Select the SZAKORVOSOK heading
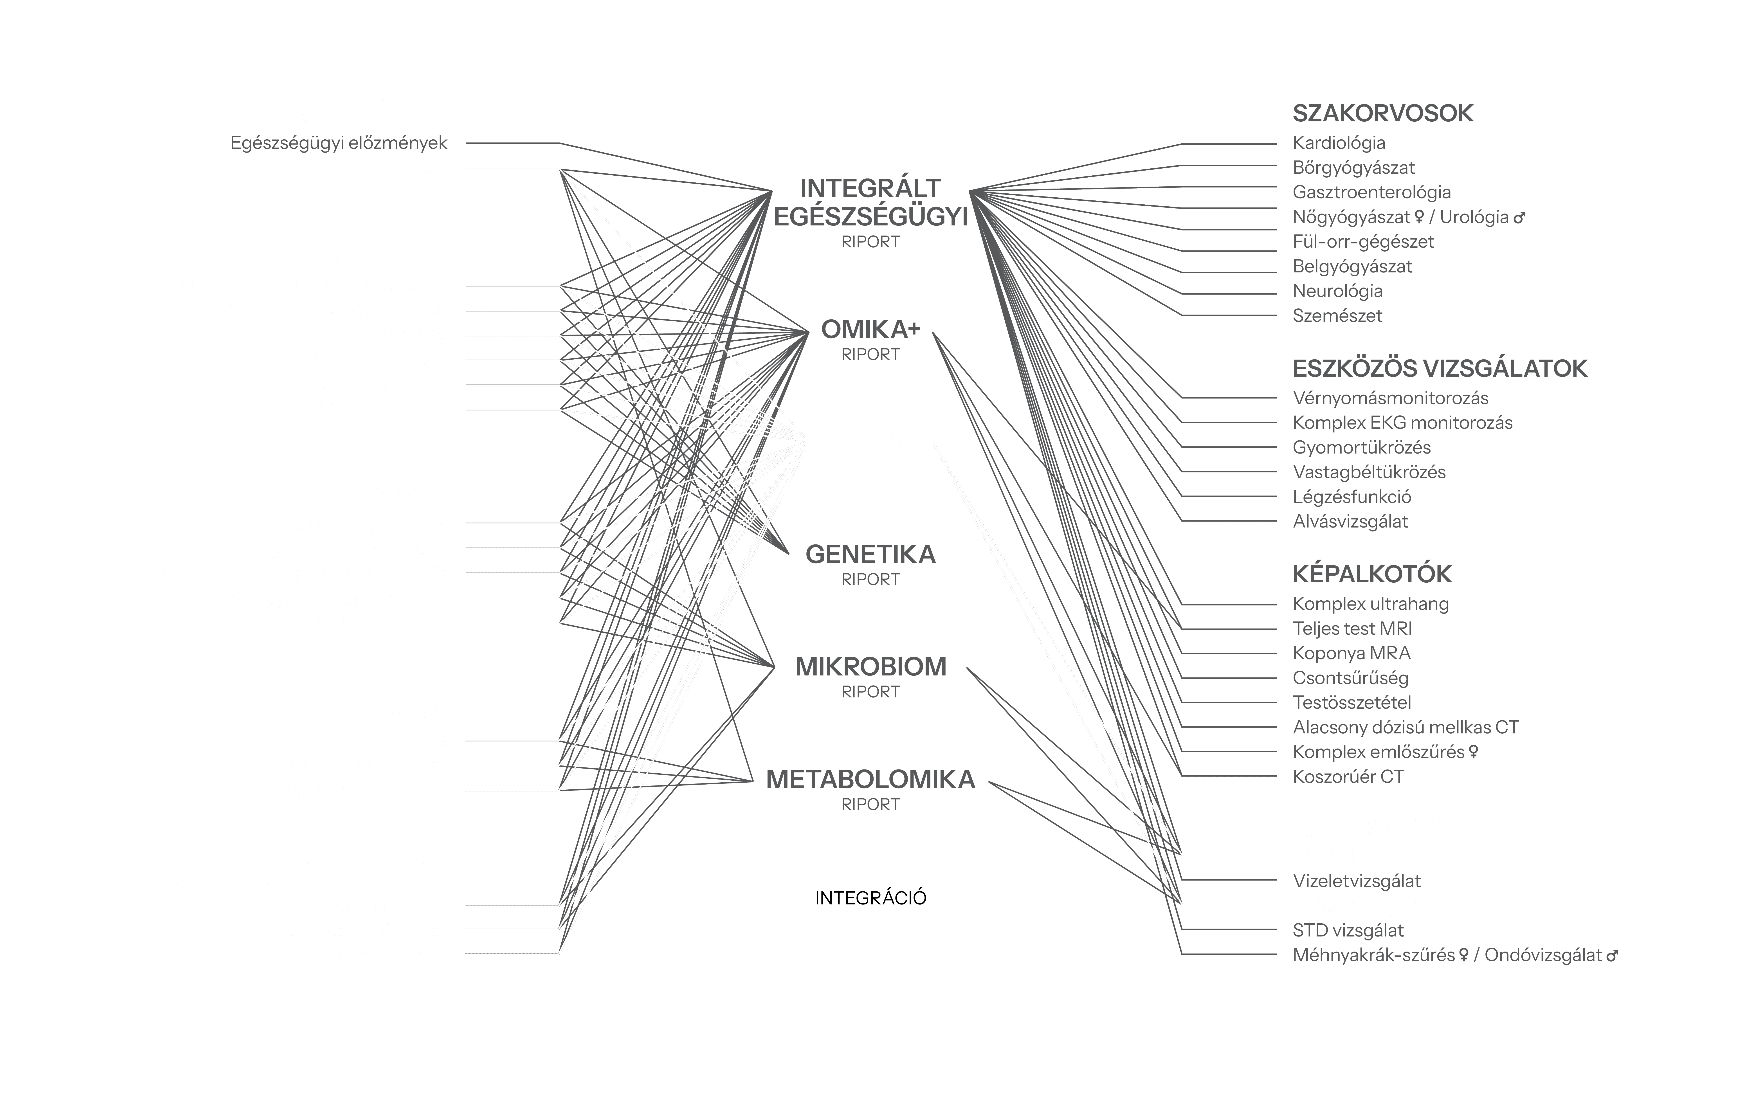(1382, 114)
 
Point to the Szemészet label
(1337, 316)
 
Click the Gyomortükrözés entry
(1361, 448)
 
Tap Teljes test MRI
(1352, 628)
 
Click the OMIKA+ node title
(871, 330)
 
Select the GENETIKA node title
(871, 555)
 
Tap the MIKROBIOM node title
(871, 667)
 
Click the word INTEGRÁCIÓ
(871, 898)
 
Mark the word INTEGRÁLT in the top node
(871, 188)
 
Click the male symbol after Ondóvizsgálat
(1612, 956)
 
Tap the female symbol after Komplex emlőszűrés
(1473, 751)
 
